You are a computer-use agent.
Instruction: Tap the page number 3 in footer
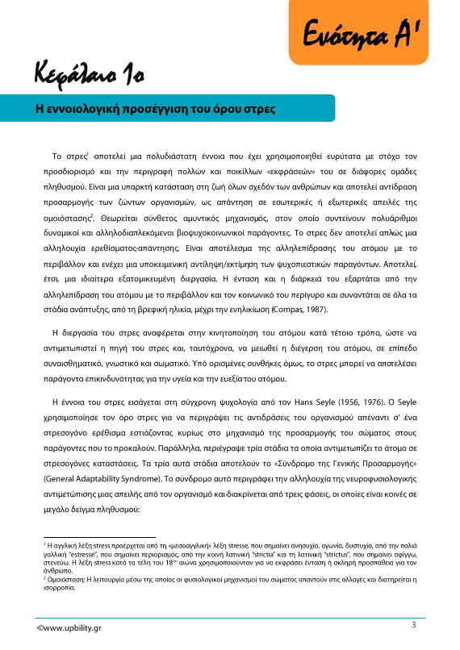[413, 625]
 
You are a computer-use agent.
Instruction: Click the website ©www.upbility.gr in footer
[69, 627]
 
